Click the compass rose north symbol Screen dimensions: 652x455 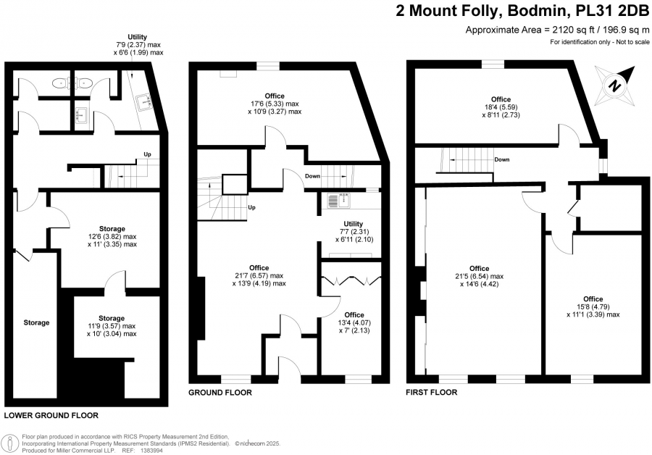click(x=615, y=86)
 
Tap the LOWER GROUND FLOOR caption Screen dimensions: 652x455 click(x=51, y=415)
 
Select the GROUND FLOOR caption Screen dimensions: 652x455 click(x=220, y=392)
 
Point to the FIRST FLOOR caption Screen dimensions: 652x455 click(x=431, y=392)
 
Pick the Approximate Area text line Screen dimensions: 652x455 click(x=557, y=30)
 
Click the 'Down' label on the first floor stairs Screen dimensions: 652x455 click(x=502, y=159)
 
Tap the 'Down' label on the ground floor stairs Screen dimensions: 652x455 click(x=313, y=176)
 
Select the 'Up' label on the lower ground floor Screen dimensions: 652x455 click(x=147, y=154)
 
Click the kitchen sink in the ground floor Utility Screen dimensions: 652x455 click(x=339, y=200)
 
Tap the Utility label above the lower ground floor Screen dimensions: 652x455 click(x=137, y=37)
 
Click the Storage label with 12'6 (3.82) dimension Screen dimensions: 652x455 click(x=112, y=229)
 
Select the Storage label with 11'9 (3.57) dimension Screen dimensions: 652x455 click(x=112, y=318)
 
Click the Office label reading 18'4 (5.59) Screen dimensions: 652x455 click(x=501, y=99)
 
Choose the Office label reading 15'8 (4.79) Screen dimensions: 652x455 click(x=593, y=299)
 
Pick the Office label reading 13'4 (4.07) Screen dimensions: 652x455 click(x=354, y=315)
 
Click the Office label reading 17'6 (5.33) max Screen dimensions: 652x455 click(x=275, y=96)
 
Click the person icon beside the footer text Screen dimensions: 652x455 click(x=10, y=443)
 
